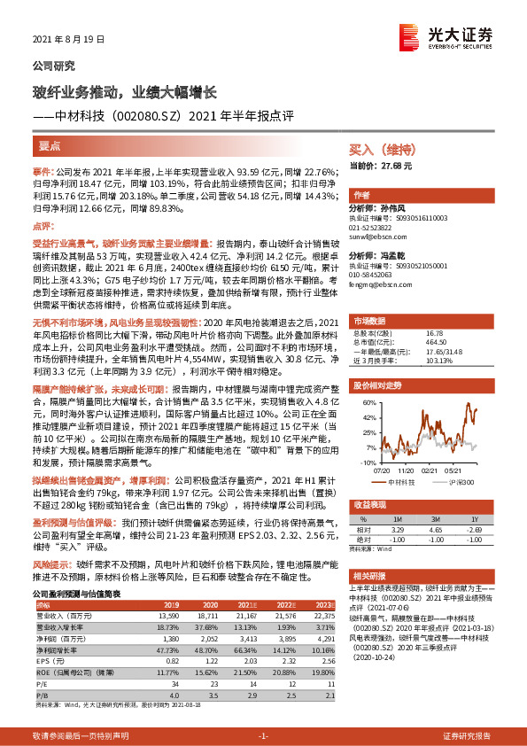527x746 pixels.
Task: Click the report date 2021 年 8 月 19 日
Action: click(x=68, y=40)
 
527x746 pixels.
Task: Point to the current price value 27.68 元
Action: click(x=395, y=166)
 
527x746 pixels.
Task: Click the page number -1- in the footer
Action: click(x=263, y=736)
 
